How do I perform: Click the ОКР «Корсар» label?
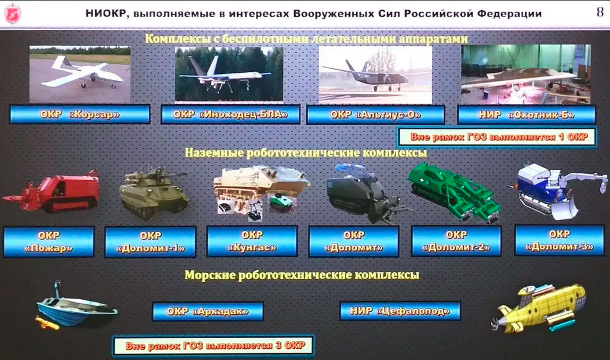80,114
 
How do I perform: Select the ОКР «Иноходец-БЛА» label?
230,114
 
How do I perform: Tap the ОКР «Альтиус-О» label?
375,115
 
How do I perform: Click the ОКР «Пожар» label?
48,242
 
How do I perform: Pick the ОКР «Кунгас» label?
252,241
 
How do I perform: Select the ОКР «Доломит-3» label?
559,240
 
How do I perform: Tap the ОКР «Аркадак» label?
208,312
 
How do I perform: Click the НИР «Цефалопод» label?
400,311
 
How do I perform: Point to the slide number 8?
599,12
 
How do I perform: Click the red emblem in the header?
12,13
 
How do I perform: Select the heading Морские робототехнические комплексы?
302,275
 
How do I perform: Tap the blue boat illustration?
76,306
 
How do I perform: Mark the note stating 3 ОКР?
214,346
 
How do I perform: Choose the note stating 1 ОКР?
497,137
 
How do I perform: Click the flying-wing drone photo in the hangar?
526,74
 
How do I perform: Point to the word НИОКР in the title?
106,14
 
